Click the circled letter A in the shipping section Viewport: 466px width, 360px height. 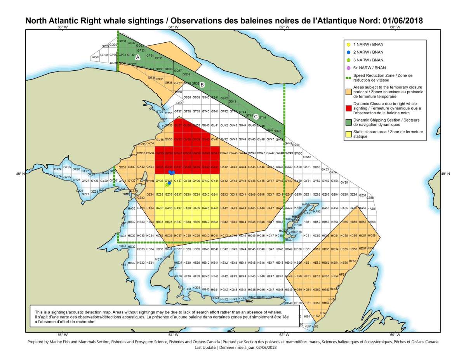pyautogui.click(x=137, y=57)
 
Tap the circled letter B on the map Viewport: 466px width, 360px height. pyautogui.click(x=202, y=85)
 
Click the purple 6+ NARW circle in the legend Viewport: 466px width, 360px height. pyautogui.click(x=348, y=68)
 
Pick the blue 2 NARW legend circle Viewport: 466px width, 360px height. pyautogui.click(x=348, y=52)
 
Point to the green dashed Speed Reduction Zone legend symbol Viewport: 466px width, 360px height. pyautogui.click(x=348, y=76)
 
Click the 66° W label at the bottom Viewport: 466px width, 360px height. pyautogui.click(x=62, y=335)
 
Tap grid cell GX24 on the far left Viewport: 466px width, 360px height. pyautogui.click(x=57, y=169)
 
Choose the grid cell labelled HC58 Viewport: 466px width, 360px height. pyautogui.click(x=372, y=236)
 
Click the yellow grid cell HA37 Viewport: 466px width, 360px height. pyautogui.click(x=178, y=209)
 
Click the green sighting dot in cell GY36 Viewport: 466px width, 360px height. pyautogui.click(x=167, y=185)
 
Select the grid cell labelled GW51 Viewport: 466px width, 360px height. pyautogui.click(x=307, y=157)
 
